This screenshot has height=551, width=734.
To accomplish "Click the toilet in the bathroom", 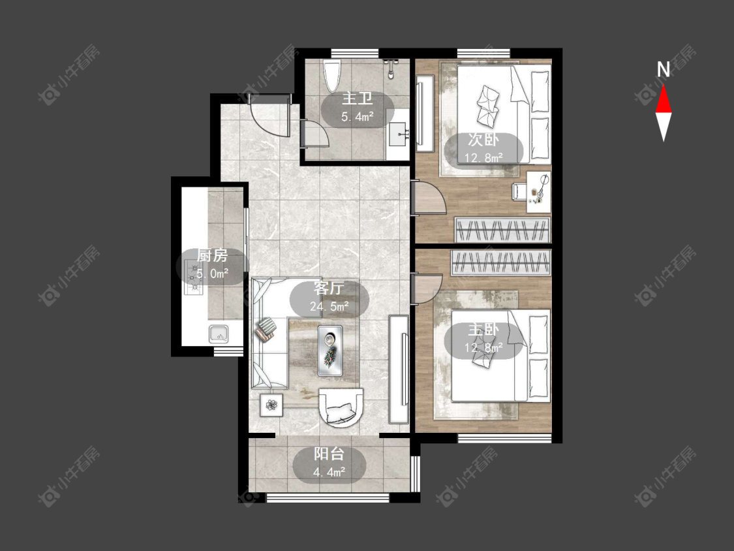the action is (333, 76).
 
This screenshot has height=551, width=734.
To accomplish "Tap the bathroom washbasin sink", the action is (399, 134).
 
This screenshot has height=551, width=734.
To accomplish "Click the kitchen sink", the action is (219, 334).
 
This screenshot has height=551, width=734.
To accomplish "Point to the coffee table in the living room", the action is (330, 351).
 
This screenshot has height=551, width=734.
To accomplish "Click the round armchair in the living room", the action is (341, 407).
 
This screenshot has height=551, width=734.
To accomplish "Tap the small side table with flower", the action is (271, 404).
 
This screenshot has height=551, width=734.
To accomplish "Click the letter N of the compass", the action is (664, 70).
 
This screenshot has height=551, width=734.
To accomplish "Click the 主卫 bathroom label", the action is (357, 99).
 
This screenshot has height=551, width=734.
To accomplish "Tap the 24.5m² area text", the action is (329, 306).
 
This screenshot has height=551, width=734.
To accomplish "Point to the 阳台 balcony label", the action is (329, 454).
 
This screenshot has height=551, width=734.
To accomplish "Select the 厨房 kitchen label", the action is (211, 256).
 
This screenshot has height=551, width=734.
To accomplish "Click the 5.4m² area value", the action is (357, 117).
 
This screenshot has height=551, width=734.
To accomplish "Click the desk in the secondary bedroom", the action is (538, 192).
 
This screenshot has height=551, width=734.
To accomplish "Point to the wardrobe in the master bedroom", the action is (500, 262).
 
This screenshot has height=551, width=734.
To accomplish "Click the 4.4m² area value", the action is (329, 472).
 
